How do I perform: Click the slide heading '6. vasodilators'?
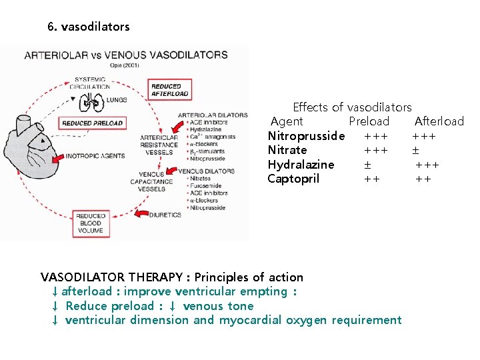click(x=89, y=27)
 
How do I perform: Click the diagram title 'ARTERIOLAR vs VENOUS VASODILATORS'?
click(x=125, y=55)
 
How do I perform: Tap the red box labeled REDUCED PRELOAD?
click(x=92, y=123)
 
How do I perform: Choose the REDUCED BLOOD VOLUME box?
click(x=91, y=223)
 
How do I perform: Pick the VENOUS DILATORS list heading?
click(x=207, y=171)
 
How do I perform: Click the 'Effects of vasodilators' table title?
click(x=352, y=107)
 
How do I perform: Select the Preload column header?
click(x=369, y=121)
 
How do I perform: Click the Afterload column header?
click(x=439, y=121)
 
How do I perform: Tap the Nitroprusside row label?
click(x=306, y=136)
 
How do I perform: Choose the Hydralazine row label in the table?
click(x=301, y=165)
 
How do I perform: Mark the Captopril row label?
click(x=293, y=179)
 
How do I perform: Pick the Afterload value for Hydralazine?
click(x=427, y=165)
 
